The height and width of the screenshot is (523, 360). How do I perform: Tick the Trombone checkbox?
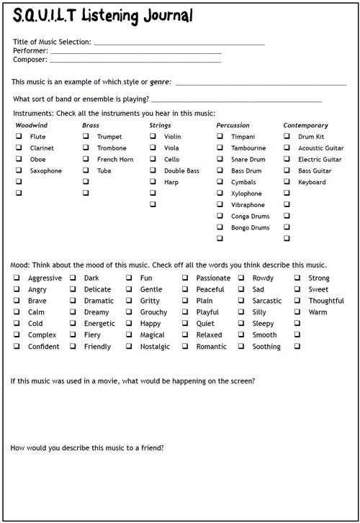click(x=86, y=148)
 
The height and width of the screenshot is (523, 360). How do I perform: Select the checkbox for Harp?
click(x=153, y=182)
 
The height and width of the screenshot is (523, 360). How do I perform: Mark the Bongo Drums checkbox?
click(x=220, y=228)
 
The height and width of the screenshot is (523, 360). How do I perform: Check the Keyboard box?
click(x=287, y=182)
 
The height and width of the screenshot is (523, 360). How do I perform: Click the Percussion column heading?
click(x=233, y=125)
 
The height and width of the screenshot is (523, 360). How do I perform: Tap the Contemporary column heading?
click(x=305, y=125)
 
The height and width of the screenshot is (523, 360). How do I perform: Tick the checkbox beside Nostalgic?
click(x=130, y=347)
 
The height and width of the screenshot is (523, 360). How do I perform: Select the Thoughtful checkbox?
click(x=297, y=301)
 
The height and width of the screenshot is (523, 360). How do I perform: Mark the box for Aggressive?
click(x=17, y=278)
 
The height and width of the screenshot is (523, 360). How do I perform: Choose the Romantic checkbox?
click(x=185, y=347)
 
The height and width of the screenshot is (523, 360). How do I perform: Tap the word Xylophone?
click(x=246, y=194)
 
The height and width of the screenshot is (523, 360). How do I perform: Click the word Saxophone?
click(x=46, y=171)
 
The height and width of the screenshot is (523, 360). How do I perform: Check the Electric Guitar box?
click(x=287, y=160)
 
